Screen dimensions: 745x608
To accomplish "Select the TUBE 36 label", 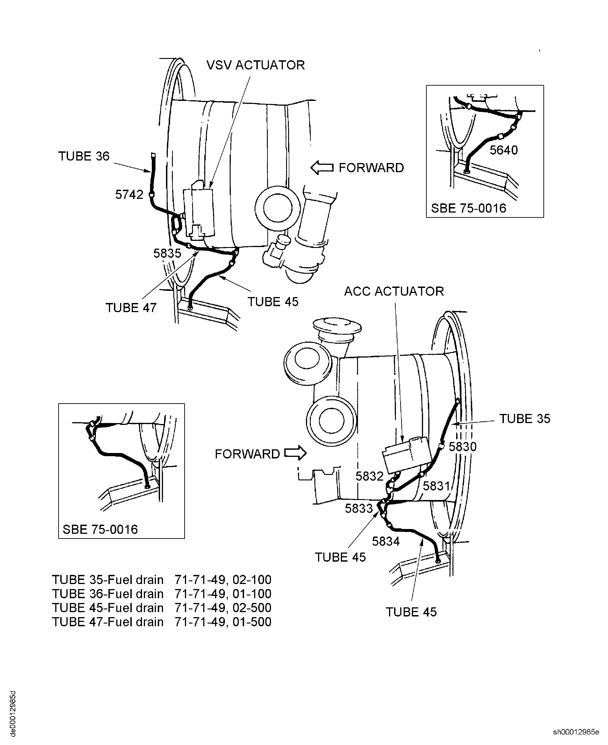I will (x=84, y=156).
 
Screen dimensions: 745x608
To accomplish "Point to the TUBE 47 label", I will (x=131, y=308).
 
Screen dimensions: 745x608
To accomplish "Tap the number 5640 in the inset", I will (x=503, y=150).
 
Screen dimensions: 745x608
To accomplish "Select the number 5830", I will (x=462, y=447).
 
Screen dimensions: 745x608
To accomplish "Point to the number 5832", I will (x=369, y=476).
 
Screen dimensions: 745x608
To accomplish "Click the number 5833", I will (x=359, y=508).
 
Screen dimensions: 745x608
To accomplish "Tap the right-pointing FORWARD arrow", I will (x=295, y=454).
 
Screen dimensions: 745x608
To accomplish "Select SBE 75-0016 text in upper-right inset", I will (x=468, y=208).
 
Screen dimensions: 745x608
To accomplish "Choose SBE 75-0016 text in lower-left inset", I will (x=100, y=529).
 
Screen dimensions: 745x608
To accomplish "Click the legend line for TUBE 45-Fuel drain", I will (x=161, y=608).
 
